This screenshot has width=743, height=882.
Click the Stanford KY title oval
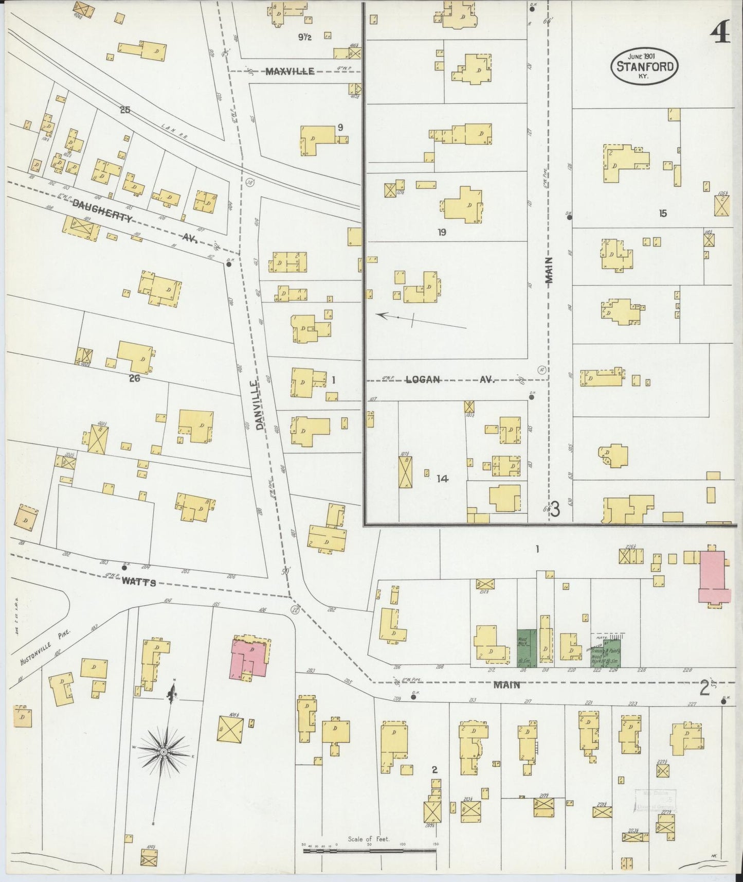point(644,65)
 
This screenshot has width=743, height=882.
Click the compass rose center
point(163,752)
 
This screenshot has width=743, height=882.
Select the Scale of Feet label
point(369,839)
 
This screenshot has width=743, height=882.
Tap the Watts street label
point(139,583)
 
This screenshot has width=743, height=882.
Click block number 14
point(442,479)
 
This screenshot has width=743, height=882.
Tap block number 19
point(441,233)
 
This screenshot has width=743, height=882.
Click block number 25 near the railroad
point(124,109)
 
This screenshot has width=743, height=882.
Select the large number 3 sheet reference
point(554,509)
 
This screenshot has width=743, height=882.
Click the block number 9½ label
point(305,37)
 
